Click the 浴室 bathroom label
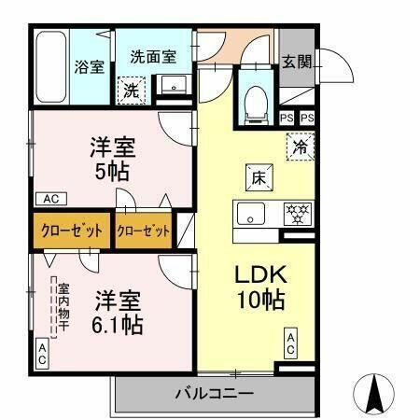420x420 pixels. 90,67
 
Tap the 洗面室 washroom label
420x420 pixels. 153,56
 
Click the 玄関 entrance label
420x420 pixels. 298,62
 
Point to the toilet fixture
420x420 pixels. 255,103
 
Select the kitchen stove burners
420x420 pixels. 297,212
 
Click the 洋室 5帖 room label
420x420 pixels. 112,158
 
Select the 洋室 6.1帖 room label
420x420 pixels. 118,313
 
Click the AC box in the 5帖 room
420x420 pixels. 49,199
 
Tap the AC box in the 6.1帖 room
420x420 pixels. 43,352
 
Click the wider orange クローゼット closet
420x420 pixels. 72,231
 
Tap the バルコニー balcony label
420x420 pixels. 214,393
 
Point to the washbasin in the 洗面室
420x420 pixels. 173,87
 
